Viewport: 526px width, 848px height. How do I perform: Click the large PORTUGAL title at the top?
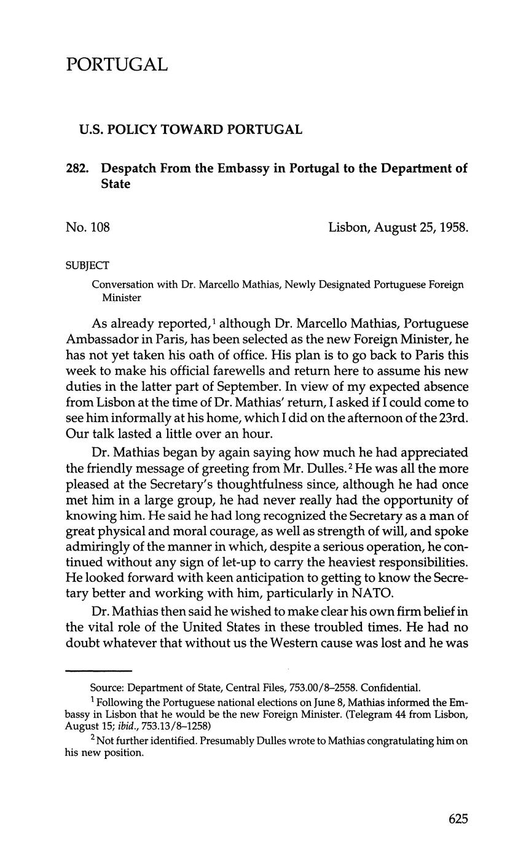117,65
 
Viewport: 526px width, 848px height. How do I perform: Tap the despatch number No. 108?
87,228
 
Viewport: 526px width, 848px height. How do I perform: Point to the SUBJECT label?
87,265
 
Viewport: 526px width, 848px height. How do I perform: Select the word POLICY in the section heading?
129,130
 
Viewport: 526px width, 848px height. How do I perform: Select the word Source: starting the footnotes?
106,688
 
